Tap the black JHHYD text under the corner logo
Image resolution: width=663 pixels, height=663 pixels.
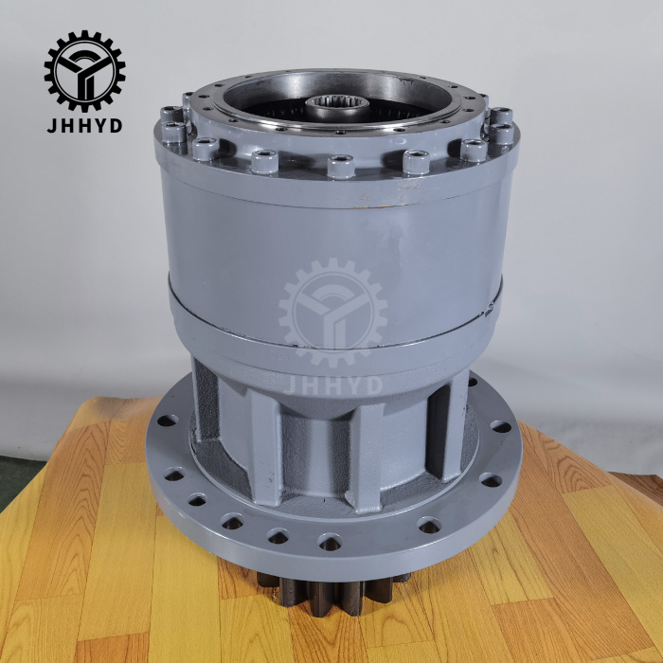click(x=84, y=125)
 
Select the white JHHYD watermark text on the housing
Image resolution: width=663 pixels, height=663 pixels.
click(x=332, y=384)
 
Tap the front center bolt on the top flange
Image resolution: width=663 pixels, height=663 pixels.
click(x=340, y=167)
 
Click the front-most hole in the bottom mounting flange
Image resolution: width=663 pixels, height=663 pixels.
click(x=330, y=542)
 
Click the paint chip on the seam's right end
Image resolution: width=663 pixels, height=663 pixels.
click(x=492, y=301)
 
